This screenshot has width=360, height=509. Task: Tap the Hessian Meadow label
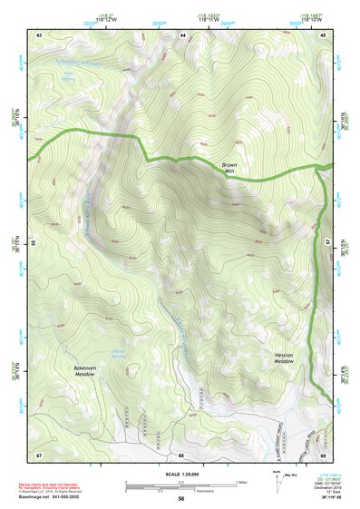pyautogui.click(x=284, y=357)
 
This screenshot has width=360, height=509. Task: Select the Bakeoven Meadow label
pyautogui.click(x=85, y=371)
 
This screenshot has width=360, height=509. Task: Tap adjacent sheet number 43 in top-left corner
pyautogui.click(x=39, y=34)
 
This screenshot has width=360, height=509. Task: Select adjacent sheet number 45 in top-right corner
pyautogui.click(x=324, y=34)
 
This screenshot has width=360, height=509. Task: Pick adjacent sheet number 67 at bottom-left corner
pyautogui.click(x=39, y=455)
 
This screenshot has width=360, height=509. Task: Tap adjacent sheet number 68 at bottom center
pyautogui.click(x=181, y=455)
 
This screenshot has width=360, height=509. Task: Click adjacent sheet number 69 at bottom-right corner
pyautogui.click(x=324, y=455)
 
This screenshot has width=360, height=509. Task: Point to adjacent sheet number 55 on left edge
pyautogui.click(x=31, y=243)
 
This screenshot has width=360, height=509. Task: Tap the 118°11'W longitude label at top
pyautogui.click(x=187, y=16)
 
